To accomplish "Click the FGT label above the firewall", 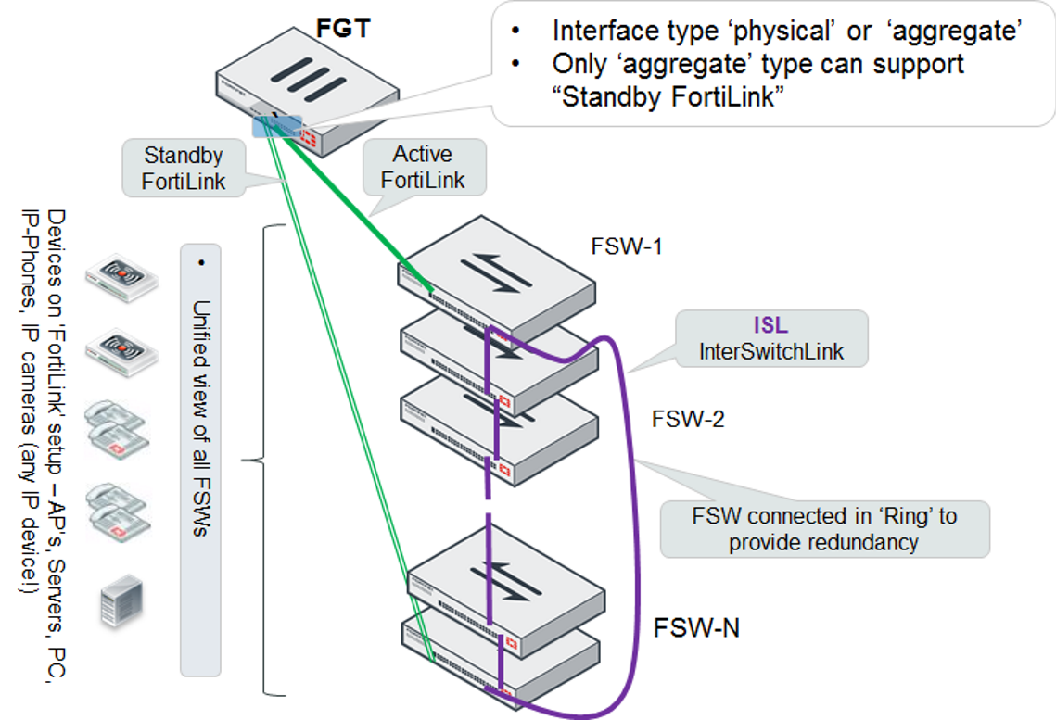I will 343,29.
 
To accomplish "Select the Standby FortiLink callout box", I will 184,168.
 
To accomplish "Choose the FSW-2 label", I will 687,420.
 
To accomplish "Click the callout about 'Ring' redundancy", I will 823,529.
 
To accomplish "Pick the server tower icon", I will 120,600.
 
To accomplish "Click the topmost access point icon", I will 120,276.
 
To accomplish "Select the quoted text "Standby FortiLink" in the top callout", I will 668,97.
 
